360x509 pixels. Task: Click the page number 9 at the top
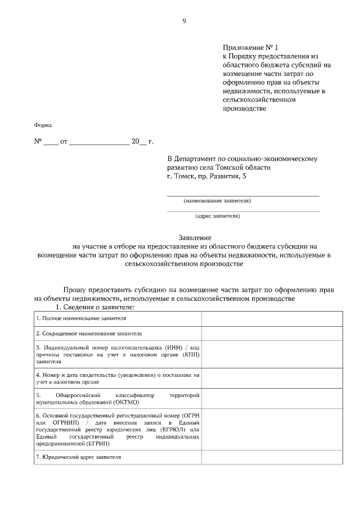[184, 21]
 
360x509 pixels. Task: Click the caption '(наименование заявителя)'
[217, 201]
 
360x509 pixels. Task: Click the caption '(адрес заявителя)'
[217, 216]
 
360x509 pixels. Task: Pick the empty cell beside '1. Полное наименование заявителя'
[272, 318]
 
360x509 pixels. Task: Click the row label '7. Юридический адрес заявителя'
[78, 457]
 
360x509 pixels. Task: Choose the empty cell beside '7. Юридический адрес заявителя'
[272, 457]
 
